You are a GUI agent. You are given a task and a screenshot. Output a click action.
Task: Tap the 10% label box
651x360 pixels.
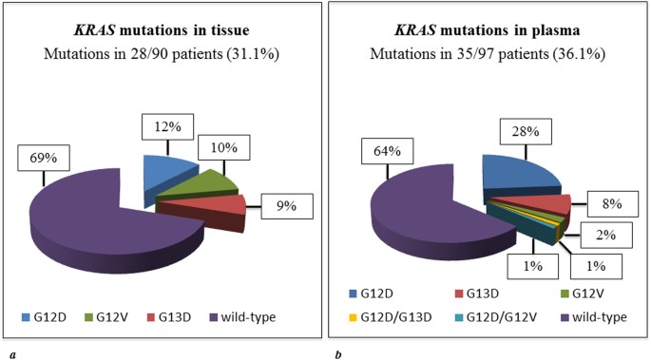pyautogui.click(x=225, y=147)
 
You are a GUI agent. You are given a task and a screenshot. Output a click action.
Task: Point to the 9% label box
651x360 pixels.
pyautogui.click(x=287, y=204)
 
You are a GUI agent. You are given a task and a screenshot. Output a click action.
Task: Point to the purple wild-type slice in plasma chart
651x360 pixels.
pyautogui.click(x=428, y=214)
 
